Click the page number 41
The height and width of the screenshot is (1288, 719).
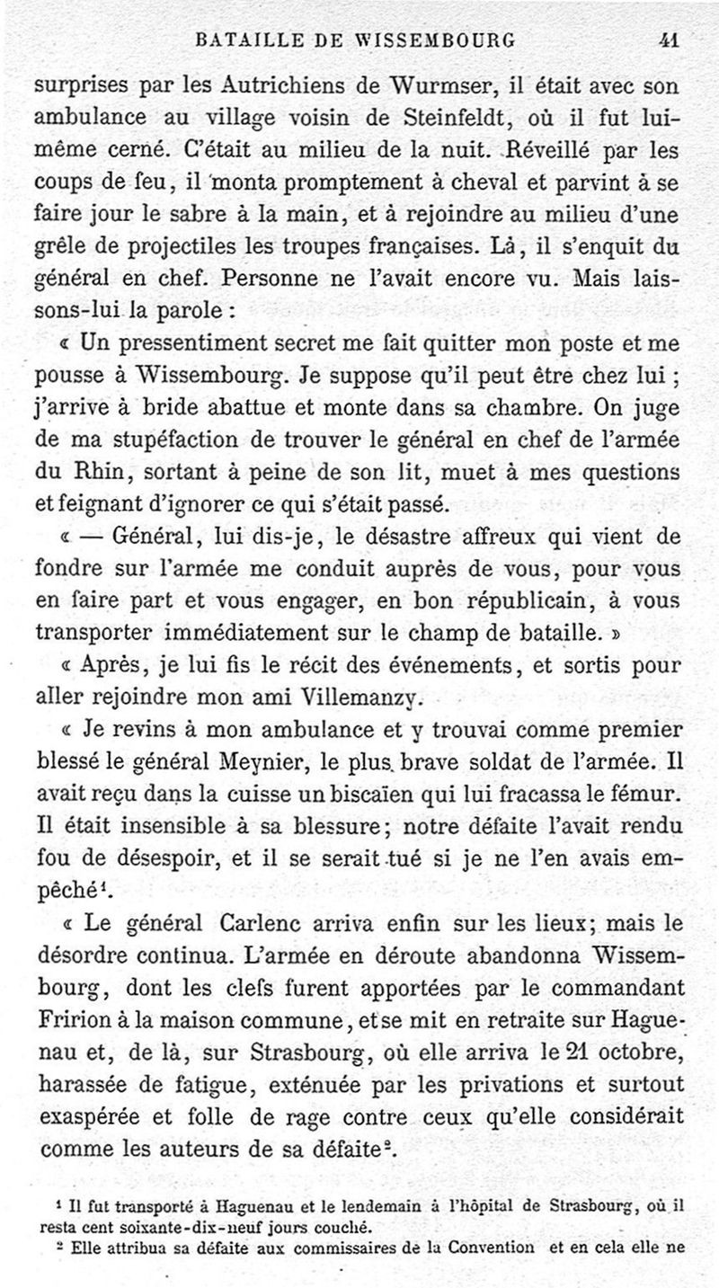(667, 40)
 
